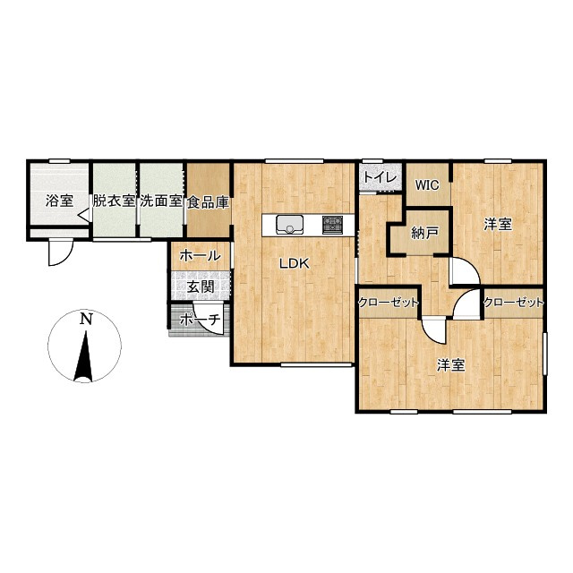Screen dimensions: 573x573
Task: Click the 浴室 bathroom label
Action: (x=59, y=201)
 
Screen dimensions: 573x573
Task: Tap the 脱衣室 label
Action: (x=114, y=201)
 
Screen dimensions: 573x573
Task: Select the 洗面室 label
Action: (x=161, y=201)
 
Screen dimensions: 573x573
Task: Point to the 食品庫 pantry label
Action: (x=209, y=202)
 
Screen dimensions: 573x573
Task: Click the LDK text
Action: (x=295, y=263)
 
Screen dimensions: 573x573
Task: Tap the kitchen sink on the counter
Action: (x=290, y=224)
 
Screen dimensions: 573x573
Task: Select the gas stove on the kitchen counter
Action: (x=332, y=225)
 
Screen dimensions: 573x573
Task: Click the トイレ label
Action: (x=380, y=178)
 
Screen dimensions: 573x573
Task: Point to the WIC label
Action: (x=427, y=185)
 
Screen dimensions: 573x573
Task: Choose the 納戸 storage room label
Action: (x=424, y=233)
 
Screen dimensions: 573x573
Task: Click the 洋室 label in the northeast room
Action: (x=498, y=225)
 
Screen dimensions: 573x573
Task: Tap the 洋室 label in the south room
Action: (x=451, y=365)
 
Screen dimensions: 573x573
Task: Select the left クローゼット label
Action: (x=388, y=303)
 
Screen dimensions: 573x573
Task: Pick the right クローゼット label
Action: (x=513, y=303)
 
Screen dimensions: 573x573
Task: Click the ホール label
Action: (x=200, y=256)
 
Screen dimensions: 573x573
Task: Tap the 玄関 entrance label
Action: (x=201, y=286)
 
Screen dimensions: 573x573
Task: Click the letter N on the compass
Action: (x=86, y=320)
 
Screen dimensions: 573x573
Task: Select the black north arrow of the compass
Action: (x=84, y=356)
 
